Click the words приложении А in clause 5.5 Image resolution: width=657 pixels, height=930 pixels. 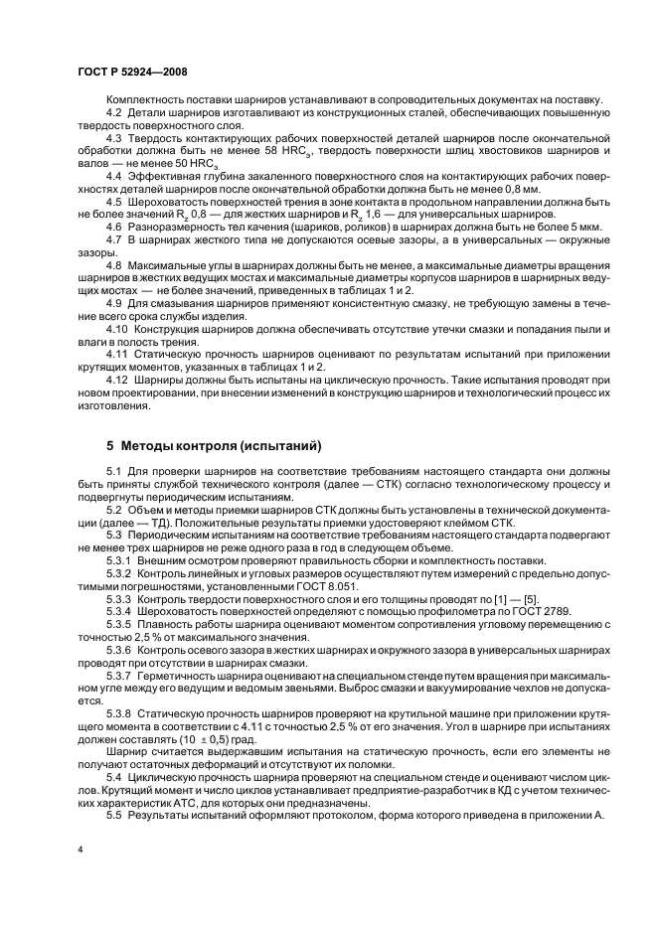point(549,813)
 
